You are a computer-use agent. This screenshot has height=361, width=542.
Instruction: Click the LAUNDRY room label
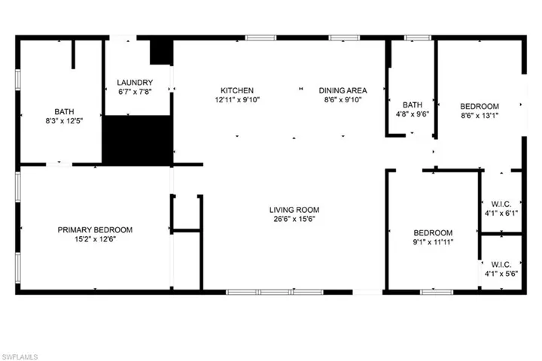pyautogui.click(x=135, y=83)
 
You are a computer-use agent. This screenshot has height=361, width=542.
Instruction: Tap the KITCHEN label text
pyautogui.click(x=236, y=89)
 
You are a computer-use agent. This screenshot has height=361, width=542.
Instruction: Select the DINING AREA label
pyautogui.click(x=343, y=89)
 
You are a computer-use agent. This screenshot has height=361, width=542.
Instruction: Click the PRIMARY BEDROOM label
pyautogui.click(x=95, y=230)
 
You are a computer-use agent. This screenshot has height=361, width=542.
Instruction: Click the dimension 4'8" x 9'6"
pyautogui.click(x=412, y=115)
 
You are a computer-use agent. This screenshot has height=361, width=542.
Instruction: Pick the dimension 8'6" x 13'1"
pyautogui.click(x=480, y=116)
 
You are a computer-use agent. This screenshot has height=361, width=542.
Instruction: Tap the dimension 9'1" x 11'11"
pyautogui.click(x=433, y=242)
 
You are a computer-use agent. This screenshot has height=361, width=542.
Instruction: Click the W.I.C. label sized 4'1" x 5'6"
pyautogui.click(x=501, y=264)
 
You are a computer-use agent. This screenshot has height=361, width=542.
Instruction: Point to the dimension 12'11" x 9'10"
pyautogui.click(x=236, y=99)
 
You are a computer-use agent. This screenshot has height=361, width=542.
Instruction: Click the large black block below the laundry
pyautogui.click(x=138, y=139)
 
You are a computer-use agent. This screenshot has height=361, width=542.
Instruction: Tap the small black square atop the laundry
pyautogui.click(x=161, y=53)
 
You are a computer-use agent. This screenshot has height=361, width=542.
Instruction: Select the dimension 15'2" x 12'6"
pyautogui.click(x=95, y=240)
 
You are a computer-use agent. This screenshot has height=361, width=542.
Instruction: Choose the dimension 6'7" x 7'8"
pyautogui.click(x=135, y=93)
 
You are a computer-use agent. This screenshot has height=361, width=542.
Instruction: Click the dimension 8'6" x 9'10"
pyautogui.click(x=343, y=99)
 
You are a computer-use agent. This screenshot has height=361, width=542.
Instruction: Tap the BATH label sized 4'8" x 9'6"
pyautogui.click(x=412, y=105)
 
